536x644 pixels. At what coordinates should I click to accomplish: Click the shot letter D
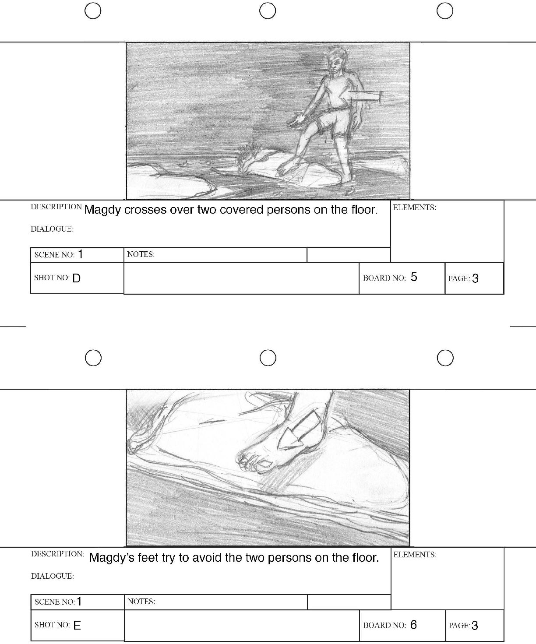coord(76,278)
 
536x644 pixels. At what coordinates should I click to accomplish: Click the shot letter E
coord(77,625)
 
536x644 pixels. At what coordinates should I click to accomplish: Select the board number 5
coord(414,277)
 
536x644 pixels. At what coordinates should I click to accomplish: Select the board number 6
coord(413,624)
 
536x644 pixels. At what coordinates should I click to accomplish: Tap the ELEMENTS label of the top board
coord(414,208)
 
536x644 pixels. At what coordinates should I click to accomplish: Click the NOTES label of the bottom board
coord(141,602)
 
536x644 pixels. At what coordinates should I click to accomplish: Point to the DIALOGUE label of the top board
coord(52,229)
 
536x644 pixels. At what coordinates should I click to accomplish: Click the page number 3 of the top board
coord(475,278)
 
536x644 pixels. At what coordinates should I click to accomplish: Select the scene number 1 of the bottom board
coord(79,602)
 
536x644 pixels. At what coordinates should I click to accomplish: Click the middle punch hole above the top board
coord(268,11)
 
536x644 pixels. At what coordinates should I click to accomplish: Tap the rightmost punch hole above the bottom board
coord(445,358)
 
